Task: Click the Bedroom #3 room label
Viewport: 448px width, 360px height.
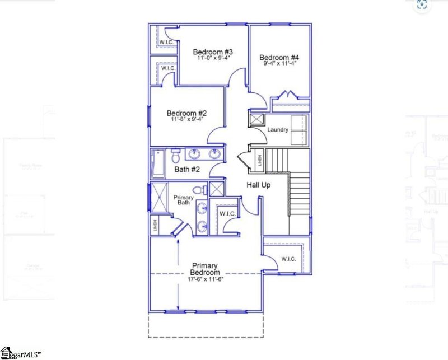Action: point(213,52)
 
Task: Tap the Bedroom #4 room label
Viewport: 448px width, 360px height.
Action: point(279,57)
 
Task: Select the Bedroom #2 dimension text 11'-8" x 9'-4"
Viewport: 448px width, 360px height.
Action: point(187,119)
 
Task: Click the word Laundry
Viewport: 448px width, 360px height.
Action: point(278,130)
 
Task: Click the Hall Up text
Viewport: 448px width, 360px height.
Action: point(259,184)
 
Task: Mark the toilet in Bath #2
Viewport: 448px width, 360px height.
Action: point(175,154)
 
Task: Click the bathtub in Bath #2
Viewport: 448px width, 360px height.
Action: point(157,162)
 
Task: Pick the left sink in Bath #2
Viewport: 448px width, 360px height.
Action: point(194,154)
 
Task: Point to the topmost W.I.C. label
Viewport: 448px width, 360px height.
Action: point(166,42)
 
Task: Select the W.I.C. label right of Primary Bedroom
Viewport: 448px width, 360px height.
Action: point(288,259)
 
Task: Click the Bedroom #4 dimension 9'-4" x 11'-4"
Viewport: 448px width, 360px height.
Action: point(279,64)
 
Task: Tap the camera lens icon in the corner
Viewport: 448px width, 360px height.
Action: point(422,5)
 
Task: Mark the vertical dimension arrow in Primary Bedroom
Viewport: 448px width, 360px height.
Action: point(178,274)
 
